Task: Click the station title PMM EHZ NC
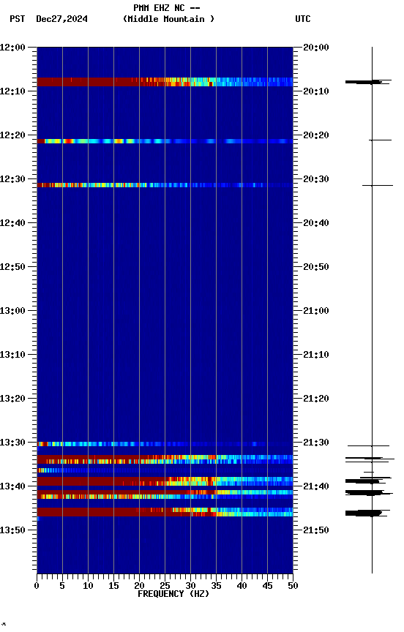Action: tap(166, 8)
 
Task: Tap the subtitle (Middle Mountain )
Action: tap(169, 19)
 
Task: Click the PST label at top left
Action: tap(18, 19)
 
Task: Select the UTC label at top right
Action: tap(303, 19)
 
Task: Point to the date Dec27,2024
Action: tap(61, 19)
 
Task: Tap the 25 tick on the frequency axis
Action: tap(165, 585)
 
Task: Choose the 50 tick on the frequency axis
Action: tap(293, 585)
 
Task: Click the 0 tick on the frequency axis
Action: tap(37, 585)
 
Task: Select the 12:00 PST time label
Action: tap(13, 48)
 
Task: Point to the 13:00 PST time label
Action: tap(13, 311)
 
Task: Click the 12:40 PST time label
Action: tap(13, 223)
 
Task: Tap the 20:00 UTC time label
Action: tap(316, 48)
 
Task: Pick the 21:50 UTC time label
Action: tap(316, 530)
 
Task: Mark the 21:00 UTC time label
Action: tap(316, 311)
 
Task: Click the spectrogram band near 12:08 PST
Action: tap(165, 82)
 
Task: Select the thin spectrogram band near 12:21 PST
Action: tap(165, 140)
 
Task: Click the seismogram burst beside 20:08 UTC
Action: tap(366, 82)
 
